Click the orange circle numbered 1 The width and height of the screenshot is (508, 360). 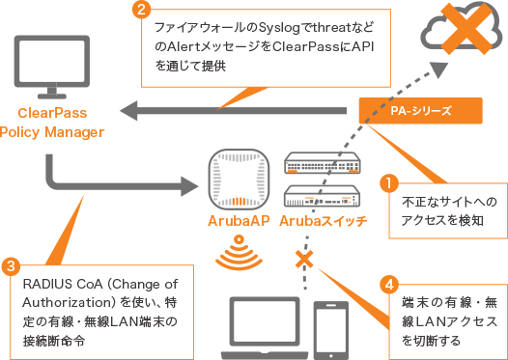[x=388, y=180]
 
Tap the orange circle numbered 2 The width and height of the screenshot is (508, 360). [x=141, y=12]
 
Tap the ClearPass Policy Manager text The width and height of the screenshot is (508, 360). [x=49, y=122]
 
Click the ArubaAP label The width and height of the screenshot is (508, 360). [x=235, y=221]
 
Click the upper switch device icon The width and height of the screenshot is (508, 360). [x=321, y=164]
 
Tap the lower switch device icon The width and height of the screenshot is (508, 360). [x=321, y=197]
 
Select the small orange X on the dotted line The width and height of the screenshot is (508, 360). [x=304, y=259]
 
